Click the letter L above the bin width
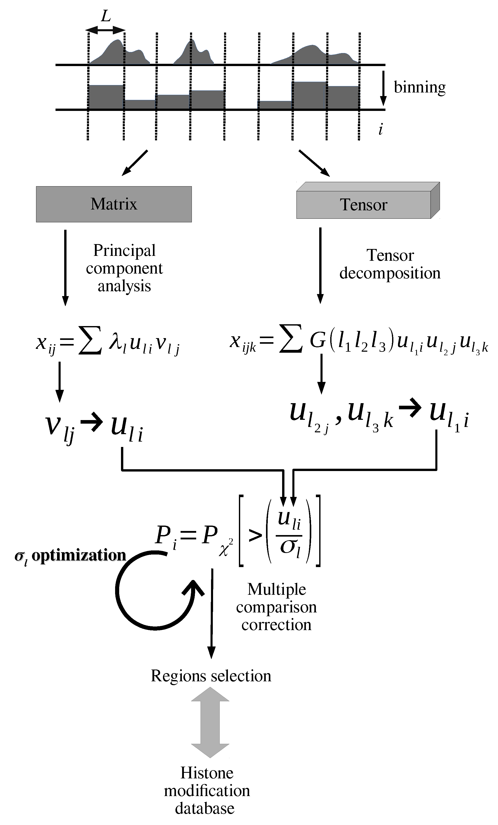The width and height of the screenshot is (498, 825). click(x=106, y=16)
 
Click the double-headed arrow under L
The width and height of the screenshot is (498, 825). click(x=106, y=30)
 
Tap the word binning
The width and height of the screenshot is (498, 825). click(x=419, y=87)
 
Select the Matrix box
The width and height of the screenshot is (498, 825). click(x=114, y=204)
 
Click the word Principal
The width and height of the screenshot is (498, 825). click(x=124, y=250)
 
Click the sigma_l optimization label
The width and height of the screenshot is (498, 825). click(x=70, y=556)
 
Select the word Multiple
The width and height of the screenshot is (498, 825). click(x=276, y=589)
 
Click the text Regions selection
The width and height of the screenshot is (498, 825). click(x=211, y=676)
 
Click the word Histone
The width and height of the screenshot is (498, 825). click(x=207, y=773)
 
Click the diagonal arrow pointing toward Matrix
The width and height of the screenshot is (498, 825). click(x=135, y=163)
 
